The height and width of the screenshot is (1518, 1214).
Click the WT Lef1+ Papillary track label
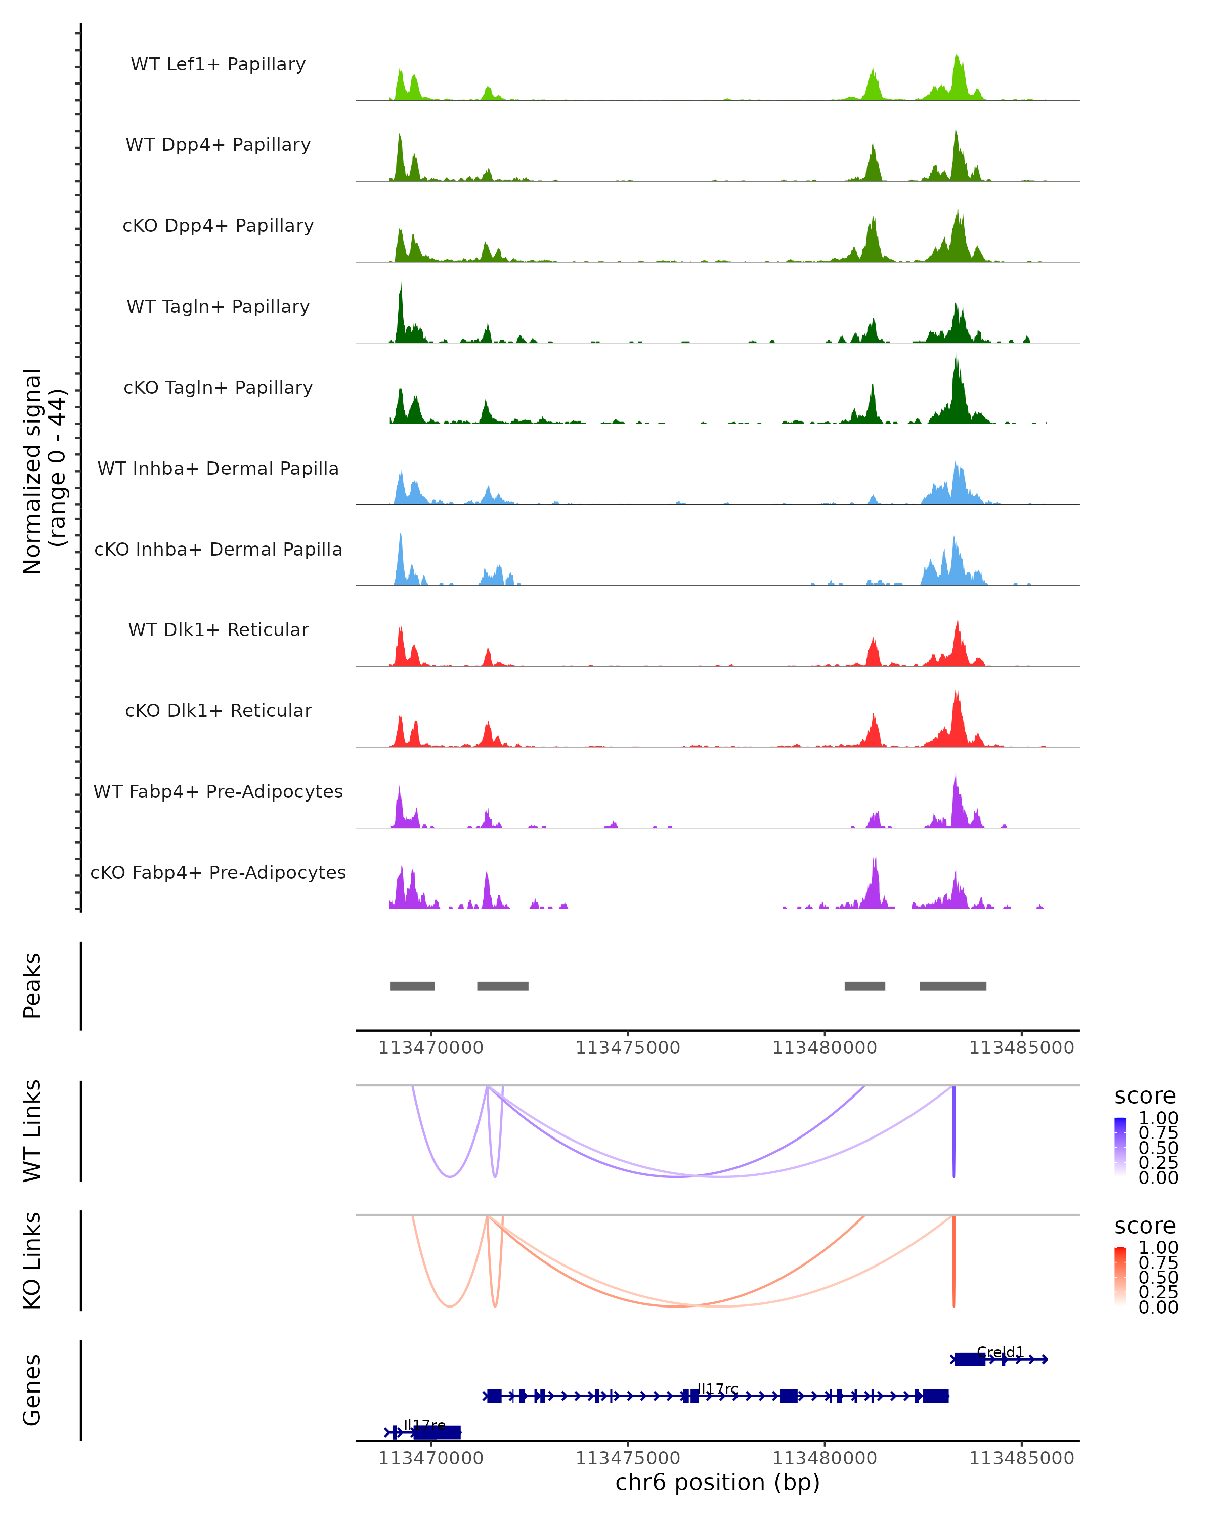coord(218,64)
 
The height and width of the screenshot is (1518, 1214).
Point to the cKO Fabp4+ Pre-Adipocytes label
coord(218,872)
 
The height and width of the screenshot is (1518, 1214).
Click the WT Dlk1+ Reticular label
coord(218,629)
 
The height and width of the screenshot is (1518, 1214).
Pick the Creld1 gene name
coord(1000,1352)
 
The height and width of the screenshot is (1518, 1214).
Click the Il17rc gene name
coord(717,1388)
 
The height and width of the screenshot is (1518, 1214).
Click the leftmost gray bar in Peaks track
coord(412,986)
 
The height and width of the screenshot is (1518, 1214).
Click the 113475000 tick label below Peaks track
coord(628,1048)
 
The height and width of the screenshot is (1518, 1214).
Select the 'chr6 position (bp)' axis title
coord(717,1482)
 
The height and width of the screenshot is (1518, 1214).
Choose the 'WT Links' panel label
coord(32,1131)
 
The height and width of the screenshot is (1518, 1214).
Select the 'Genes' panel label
coord(32,1390)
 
